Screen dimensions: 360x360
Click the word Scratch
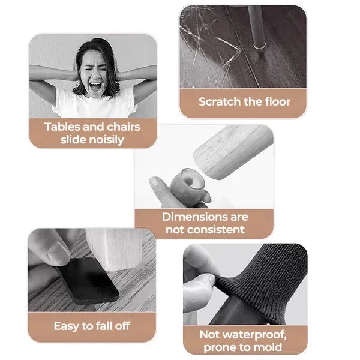[x=220, y=101]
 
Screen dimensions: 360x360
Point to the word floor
[x=277, y=101]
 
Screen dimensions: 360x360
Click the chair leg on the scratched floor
[x=258, y=27]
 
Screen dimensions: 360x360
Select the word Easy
[x=65, y=326]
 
